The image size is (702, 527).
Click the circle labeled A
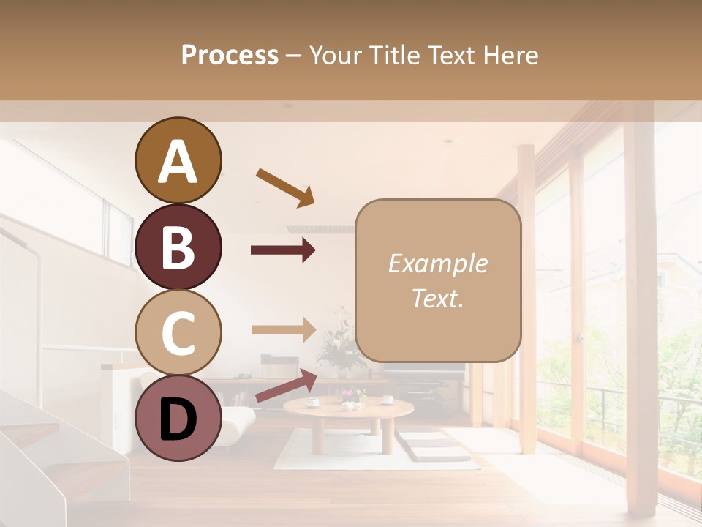coord(178,160)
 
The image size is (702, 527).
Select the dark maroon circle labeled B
coord(178,247)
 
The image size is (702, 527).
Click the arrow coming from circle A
coord(284,187)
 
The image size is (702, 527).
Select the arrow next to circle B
coord(283,250)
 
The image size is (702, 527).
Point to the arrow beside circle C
coord(283,329)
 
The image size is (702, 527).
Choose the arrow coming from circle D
coord(286,385)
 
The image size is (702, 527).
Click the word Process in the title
coord(230,55)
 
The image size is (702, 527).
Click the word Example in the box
coord(437,263)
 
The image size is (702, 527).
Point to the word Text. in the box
coord(437,298)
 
